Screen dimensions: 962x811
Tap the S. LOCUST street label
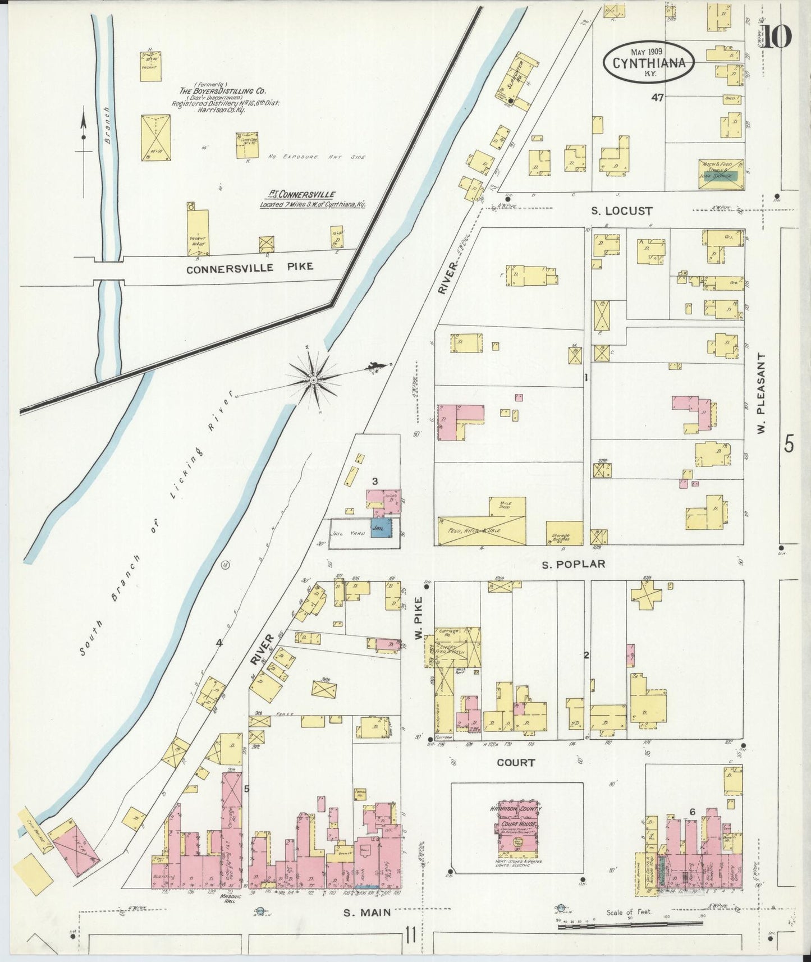tap(622, 212)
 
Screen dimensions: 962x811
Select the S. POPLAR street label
tap(573, 564)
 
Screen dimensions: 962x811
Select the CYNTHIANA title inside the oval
tap(649, 63)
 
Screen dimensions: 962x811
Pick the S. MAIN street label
tap(367, 913)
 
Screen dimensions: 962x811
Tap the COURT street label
tap(516, 763)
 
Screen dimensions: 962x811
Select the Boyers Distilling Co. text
tap(223, 90)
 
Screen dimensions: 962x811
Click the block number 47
tap(657, 97)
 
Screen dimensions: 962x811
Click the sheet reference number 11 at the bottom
tap(411, 936)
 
